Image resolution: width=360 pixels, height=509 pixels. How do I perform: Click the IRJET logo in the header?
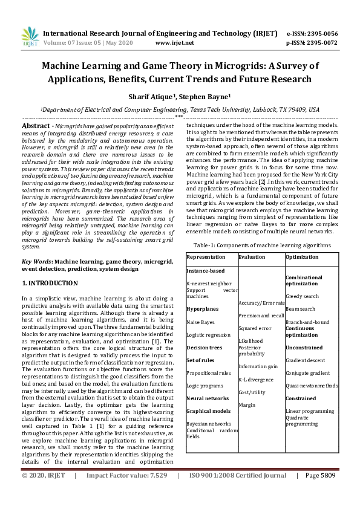click(30, 37)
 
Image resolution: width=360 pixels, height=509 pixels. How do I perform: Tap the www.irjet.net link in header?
click(175, 43)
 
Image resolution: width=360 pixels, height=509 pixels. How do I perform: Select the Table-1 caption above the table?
click(262, 245)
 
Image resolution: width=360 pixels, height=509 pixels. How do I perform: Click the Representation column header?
click(206, 257)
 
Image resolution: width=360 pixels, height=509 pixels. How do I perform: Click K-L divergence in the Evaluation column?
click(256, 380)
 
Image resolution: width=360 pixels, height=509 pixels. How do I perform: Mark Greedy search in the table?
click(302, 296)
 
